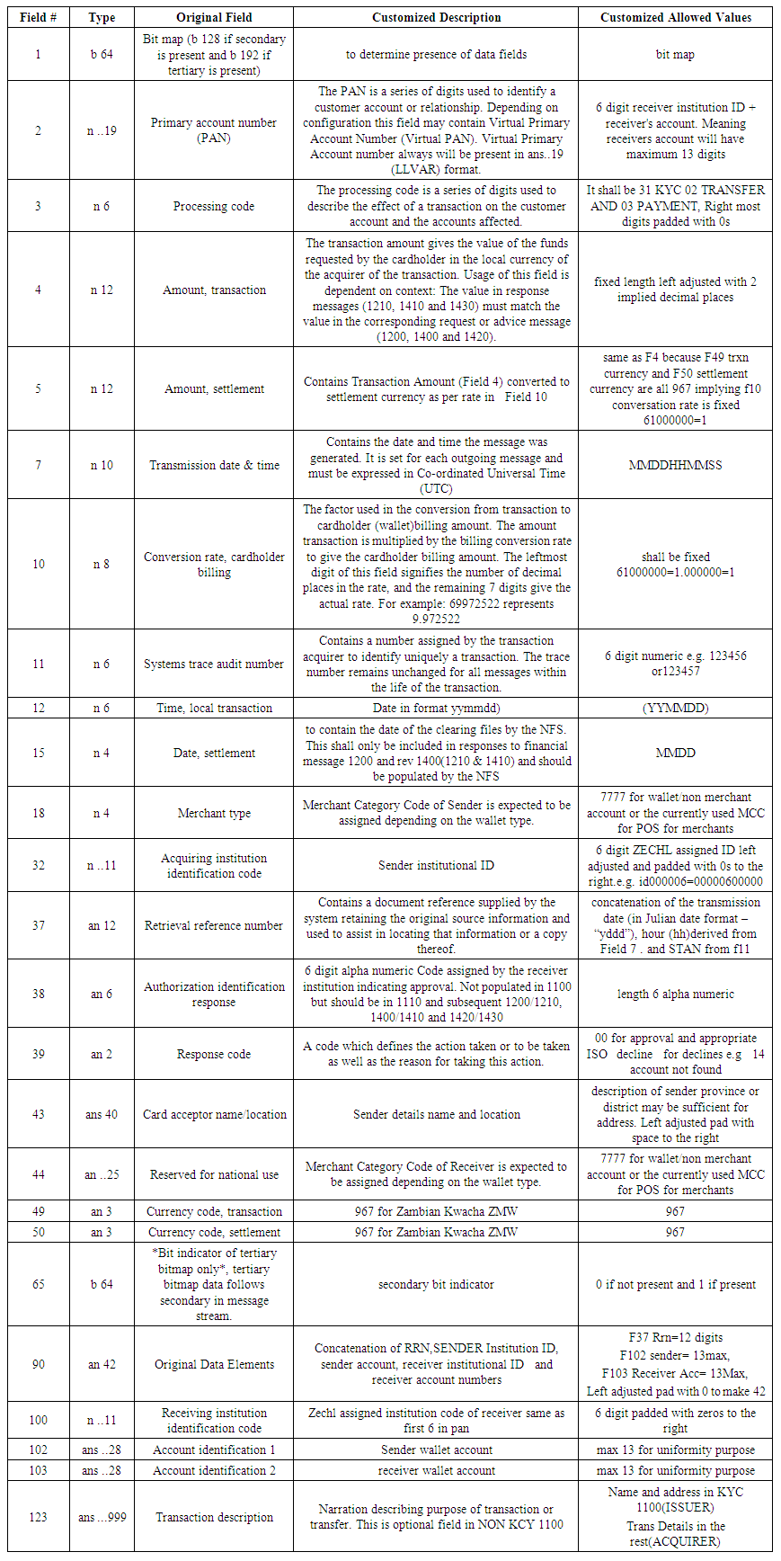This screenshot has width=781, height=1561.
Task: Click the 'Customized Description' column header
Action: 436,17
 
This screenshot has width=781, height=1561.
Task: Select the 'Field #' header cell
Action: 38,17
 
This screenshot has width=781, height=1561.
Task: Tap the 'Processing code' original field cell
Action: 214,206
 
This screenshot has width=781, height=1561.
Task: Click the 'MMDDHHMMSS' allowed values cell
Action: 675,465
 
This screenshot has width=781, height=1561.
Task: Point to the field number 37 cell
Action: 38,925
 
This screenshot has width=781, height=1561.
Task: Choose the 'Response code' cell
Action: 214,1054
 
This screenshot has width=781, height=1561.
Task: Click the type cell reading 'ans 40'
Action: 101,1114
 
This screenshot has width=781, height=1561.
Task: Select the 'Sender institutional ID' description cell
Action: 436,865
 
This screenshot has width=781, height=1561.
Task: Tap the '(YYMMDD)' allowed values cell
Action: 675,708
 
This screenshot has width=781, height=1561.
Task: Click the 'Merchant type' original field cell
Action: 214,813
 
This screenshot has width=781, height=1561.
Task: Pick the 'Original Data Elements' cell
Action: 214,1364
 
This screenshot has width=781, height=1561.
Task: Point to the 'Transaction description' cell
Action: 214,1517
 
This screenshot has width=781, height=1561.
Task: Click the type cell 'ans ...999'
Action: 101,1517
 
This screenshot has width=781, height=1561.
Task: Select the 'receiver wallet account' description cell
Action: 436,1470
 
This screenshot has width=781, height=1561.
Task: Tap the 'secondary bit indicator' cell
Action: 436,1284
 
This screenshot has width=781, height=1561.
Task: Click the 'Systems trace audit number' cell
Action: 214,664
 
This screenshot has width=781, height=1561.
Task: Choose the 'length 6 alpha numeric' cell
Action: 675,994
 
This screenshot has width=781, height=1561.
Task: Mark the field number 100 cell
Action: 38,1420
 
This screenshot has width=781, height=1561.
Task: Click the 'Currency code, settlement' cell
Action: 214,1232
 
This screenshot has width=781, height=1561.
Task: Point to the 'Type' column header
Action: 101,17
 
